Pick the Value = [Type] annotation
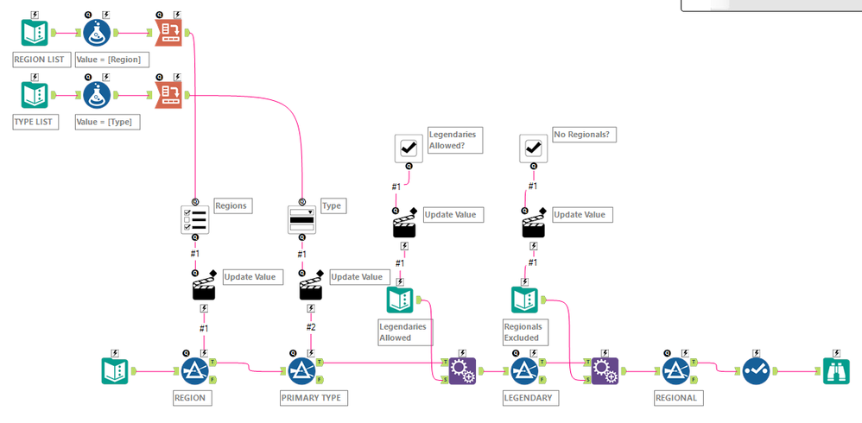107,122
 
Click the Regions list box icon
195,219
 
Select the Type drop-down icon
301,219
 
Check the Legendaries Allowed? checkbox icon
409,148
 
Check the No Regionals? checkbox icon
533,148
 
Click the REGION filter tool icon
195,371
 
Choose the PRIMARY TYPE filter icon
301,371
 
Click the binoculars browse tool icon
836,371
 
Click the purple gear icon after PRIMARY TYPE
462,371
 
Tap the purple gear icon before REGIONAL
605,371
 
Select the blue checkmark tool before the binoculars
756,371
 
